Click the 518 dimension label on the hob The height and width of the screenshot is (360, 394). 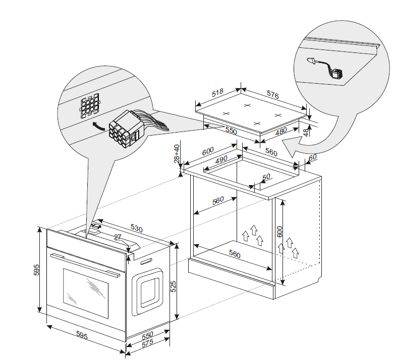point(218,93)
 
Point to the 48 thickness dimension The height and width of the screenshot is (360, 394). point(306,132)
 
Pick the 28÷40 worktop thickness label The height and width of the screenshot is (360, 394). point(177,154)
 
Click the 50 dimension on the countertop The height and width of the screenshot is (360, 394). point(265,177)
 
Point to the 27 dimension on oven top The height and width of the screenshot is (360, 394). point(118,236)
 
